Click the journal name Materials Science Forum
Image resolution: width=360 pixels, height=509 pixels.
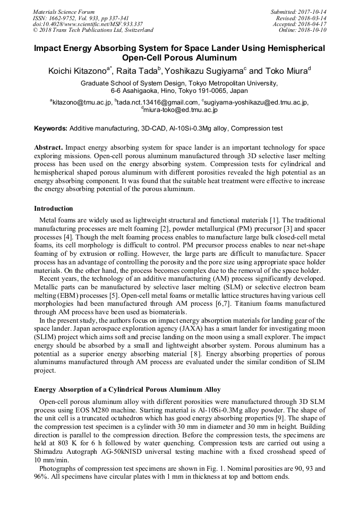click(x=64, y=12)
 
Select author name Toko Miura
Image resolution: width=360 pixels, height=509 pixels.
click(x=287, y=71)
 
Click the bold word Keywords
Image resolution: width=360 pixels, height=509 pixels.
click(x=50, y=128)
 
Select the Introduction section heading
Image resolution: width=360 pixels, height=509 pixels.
click(x=54, y=208)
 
